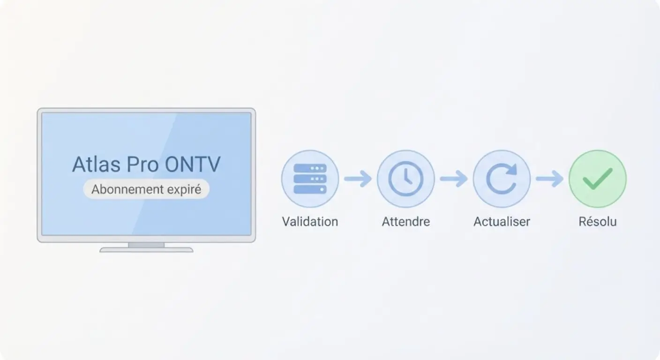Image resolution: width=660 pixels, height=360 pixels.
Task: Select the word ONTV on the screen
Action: click(193, 164)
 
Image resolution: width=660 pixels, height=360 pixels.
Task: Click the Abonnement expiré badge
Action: click(146, 189)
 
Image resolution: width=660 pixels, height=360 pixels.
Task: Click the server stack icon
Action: click(310, 179)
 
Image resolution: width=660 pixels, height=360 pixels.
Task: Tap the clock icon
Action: click(405, 179)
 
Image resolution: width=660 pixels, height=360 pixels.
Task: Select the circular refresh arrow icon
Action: click(502, 179)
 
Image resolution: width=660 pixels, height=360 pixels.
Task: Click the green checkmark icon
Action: click(597, 179)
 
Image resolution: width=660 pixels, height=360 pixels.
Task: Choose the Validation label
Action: click(310, 221)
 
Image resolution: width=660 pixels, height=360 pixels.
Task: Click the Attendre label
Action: click(405, 221)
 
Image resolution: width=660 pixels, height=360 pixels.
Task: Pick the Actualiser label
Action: click(502, 221)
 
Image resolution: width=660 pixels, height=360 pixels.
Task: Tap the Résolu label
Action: click(597, 221)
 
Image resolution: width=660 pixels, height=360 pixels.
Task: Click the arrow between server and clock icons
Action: click(358, 179)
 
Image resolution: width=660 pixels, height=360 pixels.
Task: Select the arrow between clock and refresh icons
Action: click(453, 179)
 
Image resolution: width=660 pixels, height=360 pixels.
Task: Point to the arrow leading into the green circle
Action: click(549, 179)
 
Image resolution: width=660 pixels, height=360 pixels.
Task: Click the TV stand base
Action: click(146, 250)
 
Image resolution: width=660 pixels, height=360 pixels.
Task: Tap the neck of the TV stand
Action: click(146, 245)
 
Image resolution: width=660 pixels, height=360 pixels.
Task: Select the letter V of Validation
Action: click(285, 221)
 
